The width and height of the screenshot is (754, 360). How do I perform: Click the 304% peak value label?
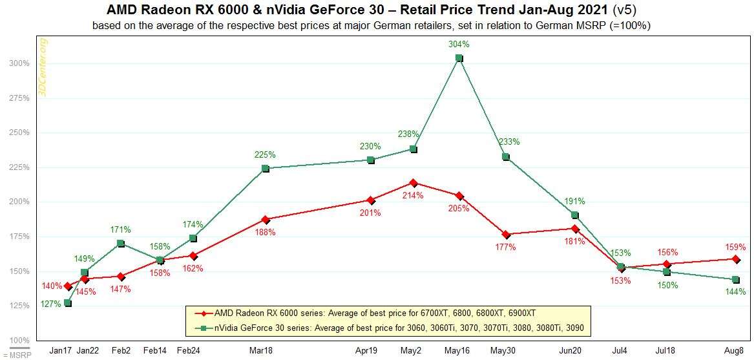459,45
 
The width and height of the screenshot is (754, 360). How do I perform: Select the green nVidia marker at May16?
459,58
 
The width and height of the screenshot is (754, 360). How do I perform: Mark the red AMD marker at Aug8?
735,259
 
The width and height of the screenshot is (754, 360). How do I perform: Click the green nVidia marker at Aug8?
735,280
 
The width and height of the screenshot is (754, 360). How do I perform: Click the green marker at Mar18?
266,169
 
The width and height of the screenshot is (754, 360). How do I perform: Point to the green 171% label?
121,229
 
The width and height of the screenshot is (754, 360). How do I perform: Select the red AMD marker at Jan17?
68,286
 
